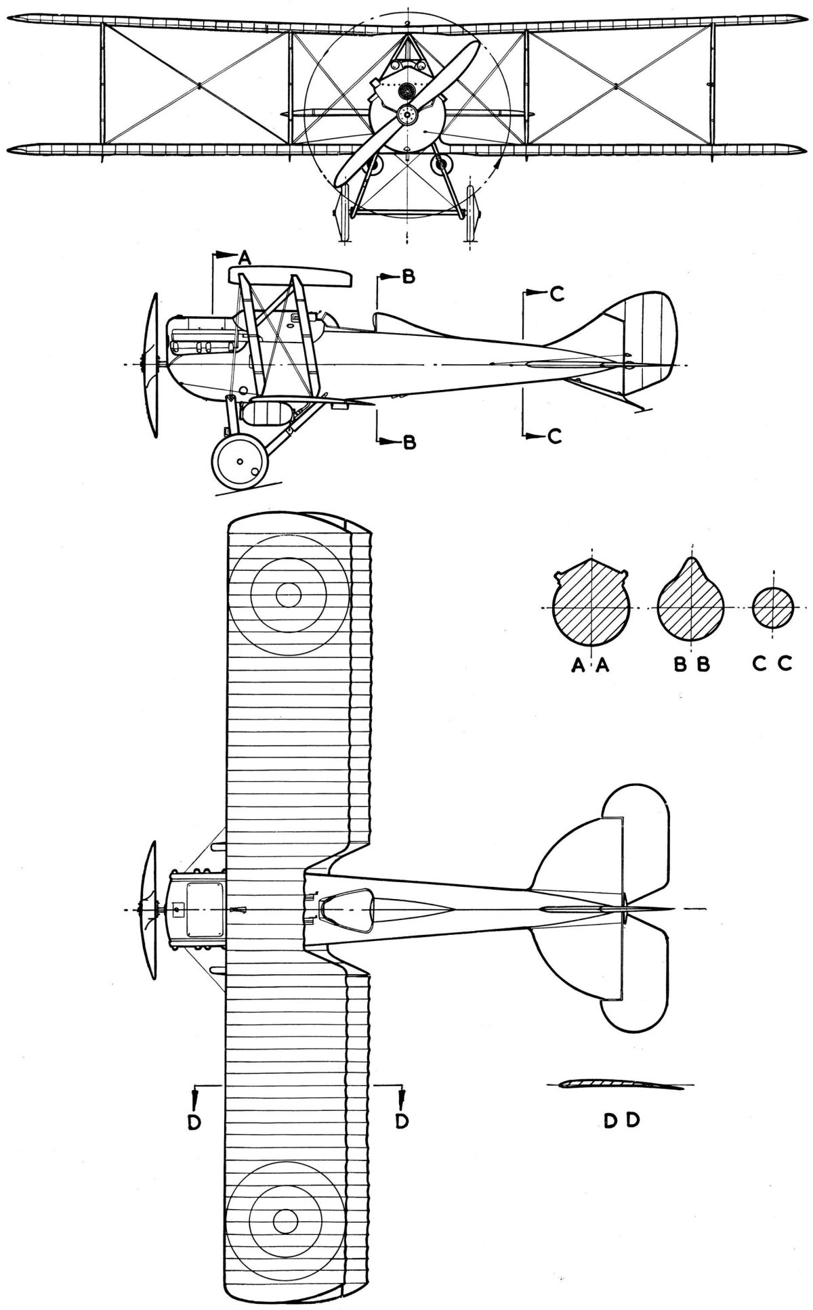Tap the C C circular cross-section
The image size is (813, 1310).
click(772, 607)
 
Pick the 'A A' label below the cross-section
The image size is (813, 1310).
click(591, 666)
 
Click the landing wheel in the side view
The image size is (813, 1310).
click(239, 462)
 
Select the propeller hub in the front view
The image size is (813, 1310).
click(407, 115)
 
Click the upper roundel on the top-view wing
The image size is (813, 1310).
click(289, 595)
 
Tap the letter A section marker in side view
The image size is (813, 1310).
click(244, 256)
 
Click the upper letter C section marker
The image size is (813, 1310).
click(555, 294)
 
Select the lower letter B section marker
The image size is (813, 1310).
click(409, 443)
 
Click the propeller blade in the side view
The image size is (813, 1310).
click(152, 366)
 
